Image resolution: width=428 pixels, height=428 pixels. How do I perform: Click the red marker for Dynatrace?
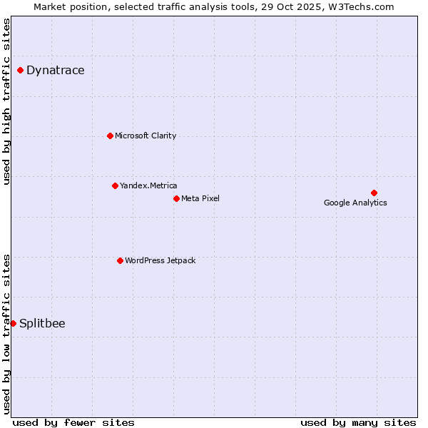(x=21, y=70)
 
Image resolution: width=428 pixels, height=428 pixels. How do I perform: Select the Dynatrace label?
(x=55, y=70)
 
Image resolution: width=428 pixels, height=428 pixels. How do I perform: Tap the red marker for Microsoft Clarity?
(x=110, y=136)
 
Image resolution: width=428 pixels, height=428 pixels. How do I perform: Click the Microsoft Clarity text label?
(x=146, y=136)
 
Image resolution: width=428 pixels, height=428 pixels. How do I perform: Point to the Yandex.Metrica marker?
(x=115, y=185)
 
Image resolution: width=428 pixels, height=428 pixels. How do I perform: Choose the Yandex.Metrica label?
(x=148, y=185)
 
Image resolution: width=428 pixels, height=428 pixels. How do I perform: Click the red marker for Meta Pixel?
(x=176, y=198)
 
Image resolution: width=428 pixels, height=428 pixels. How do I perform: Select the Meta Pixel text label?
(x=200, y=198)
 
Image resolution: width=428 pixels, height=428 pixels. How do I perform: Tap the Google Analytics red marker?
(x=374, y=193)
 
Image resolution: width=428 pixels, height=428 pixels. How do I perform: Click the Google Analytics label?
(x=355, y=203)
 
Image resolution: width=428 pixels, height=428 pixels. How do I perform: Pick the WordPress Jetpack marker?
(x=120, y=260)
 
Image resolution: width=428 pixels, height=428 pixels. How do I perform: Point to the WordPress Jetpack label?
(x=160, y=260)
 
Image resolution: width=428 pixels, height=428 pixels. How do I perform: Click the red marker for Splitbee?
(x=13, y=323)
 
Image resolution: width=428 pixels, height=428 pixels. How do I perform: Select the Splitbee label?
(x=42, y=323)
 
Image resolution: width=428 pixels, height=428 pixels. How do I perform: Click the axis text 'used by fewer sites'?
(x=73, y=422)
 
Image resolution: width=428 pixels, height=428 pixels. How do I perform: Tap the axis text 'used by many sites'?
(x=358, y=422)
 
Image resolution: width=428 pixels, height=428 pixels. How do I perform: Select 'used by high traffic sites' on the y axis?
(x=7, y=101)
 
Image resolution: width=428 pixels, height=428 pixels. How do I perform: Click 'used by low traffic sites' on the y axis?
(x=7, y=333)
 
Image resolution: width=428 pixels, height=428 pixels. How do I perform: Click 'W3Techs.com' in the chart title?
(x=363, y=7)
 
